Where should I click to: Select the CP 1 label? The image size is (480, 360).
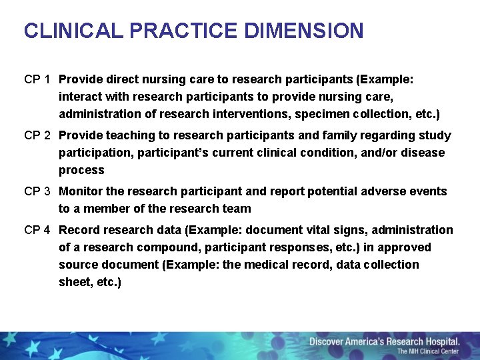pos(37,79)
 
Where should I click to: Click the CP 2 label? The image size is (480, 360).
pos(37,135)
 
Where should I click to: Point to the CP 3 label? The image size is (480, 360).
pos(37,191)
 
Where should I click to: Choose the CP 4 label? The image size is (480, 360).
pos(37,230)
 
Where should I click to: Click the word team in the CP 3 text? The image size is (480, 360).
pos(238,209)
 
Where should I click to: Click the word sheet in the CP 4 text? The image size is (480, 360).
pos(75,282)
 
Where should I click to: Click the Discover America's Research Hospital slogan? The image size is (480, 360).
pos(384,342)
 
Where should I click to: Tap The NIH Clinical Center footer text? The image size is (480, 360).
pos(428,352)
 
